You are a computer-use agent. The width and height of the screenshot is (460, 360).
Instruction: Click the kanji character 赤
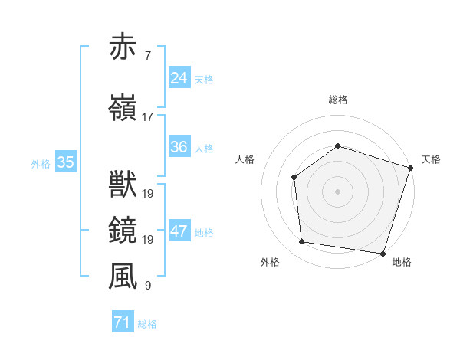(123, 47)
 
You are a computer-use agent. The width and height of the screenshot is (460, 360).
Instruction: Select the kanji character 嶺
(123, 108)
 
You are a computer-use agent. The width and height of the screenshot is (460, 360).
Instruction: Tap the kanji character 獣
(123, 185)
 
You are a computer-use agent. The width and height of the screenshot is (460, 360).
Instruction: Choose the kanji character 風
(123, 277)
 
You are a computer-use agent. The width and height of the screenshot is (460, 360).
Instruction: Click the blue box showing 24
(179, 78)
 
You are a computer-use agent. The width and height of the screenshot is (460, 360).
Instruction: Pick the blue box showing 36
(179, 147)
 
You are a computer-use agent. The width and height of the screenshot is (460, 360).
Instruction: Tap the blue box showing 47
(179, 231)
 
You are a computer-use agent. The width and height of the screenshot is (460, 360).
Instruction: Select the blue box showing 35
(66, 162)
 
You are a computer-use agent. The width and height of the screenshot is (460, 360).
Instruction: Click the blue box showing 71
(122, 322)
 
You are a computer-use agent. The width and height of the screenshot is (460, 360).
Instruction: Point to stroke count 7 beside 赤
(147, 56)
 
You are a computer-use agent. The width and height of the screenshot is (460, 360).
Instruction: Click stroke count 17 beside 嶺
(147, 117)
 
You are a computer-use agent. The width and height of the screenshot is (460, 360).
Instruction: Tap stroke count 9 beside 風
(147, 286)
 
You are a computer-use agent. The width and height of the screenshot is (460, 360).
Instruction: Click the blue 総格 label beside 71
(147, 324)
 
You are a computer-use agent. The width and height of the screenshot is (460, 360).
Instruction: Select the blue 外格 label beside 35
(41, 163)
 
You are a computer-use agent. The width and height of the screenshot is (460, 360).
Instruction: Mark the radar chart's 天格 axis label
(431, 159)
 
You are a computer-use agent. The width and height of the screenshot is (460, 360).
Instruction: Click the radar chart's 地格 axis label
(402, 262)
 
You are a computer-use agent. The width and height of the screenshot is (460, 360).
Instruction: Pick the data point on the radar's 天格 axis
(410, 168)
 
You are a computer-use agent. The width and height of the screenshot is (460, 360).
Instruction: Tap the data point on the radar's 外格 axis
(302, 242)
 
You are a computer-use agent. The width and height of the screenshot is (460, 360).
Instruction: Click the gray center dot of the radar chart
(337, 191)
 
